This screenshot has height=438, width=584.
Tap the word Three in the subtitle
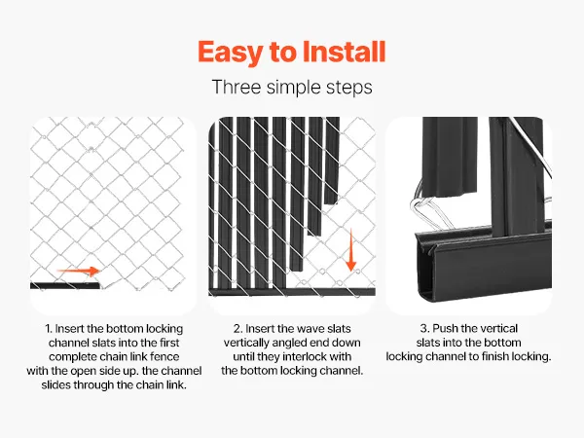tap(237, 88)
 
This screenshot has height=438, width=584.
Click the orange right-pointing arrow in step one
tap(78, 271)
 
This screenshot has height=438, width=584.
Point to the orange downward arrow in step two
tap(350, 250)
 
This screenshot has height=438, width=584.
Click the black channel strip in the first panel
tap(65, 285)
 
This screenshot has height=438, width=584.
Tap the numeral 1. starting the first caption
tap(49, 329)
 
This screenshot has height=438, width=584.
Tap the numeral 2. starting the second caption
tap(238, 329)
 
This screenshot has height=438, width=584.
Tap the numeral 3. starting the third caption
tap(424, 329)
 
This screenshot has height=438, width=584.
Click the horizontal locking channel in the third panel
tap(484, 265)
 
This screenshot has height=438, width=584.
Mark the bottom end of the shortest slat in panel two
tap(331, 203)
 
